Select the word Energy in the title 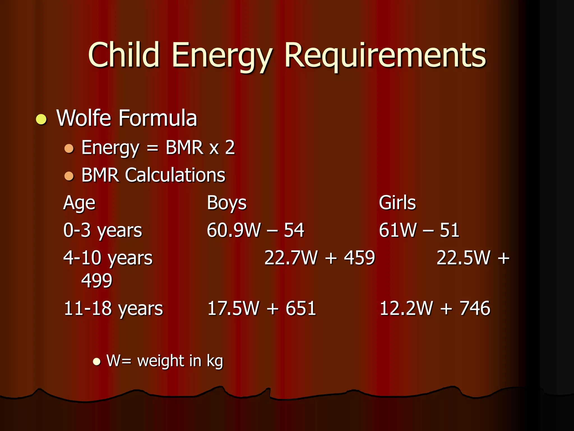(x=221, y=56)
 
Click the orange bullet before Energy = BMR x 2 (x=69, y=148)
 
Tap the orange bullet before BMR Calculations (x=69, y=176)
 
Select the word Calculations (x=175, y=175)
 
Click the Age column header (x=79, y=203)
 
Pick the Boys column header (x=226, y=203)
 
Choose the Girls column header (x=397, y=203)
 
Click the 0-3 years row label (x=103, y=231)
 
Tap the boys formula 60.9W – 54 (x=255, y=230)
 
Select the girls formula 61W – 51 (x=419, y=230)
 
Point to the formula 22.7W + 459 (x=320, y=258)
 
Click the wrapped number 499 (x=97, y=281)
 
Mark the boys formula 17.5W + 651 (x=261, y=308)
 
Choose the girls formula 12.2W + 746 (x=435, y=308)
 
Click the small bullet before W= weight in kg (x=97, y=361)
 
